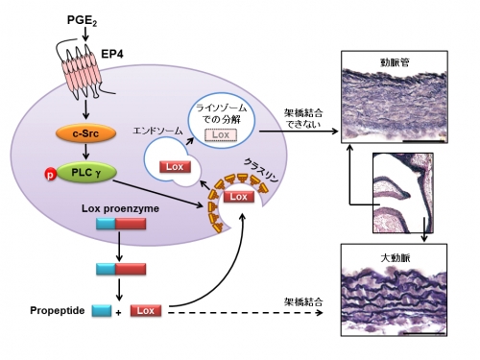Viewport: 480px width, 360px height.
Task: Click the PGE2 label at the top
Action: point(82,21)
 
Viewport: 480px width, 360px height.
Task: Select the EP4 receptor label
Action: point(112,54)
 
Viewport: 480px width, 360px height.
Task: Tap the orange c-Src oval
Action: point(85,133)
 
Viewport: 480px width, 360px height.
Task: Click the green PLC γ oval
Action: point(86,173)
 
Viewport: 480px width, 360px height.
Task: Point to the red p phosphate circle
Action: point(50,174)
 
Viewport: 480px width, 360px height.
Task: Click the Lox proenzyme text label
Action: point(120,208)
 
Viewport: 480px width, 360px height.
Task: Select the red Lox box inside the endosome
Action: point(175,167)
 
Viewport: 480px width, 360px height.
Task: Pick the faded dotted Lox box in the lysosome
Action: point(221,134)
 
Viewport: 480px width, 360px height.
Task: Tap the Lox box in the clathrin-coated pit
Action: point(239,196)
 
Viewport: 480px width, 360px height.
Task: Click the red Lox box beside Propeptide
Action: point(146,311)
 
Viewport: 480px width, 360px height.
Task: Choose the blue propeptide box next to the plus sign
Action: point(102,311)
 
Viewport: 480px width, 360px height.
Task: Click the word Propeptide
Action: point(58,311)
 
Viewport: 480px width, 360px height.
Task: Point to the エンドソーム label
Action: point(157,131)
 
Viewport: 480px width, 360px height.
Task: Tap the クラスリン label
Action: point(261,171)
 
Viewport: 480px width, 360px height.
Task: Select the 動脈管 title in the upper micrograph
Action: point(395,62)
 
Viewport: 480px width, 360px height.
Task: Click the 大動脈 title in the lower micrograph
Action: point(396,257)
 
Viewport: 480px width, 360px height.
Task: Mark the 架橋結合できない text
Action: point(303,118)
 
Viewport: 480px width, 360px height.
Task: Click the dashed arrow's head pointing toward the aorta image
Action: point(319,313)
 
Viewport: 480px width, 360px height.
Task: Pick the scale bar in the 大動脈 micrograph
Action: point(424,333)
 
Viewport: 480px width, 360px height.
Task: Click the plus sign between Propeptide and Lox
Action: point(118,313)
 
